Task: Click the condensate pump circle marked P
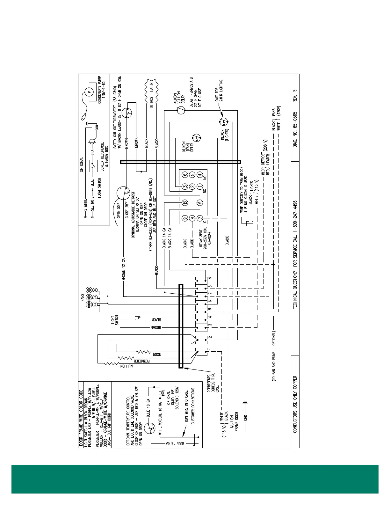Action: (x=89, y=92)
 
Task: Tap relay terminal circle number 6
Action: (x=185, y=174)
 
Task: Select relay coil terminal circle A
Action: (x=200, y=202)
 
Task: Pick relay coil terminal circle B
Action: (x=185, y=202)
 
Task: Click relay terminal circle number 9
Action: (x=185, y=218)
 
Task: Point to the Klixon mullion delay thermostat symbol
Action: (x=181, y=111)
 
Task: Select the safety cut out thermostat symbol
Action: (x=128, y=113)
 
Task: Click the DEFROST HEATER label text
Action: (x=152, y=95)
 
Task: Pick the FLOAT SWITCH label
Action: (x=99, y=188)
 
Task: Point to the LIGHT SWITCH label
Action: (x=115, y=321)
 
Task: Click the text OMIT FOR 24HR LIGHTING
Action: (x=219, y=90)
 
